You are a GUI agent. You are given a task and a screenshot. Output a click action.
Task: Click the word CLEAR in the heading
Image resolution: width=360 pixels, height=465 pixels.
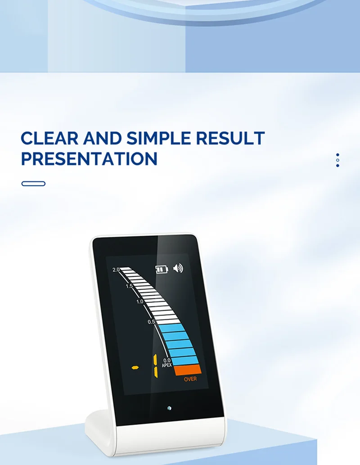coord(49,138)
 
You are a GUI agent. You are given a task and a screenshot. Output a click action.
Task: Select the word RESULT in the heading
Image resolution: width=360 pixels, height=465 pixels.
coord(230,138)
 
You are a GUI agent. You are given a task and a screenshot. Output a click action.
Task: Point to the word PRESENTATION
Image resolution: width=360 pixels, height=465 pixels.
coord(89,158)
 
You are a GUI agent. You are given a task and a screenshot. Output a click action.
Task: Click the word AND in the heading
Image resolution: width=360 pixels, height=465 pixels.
coord(103,138)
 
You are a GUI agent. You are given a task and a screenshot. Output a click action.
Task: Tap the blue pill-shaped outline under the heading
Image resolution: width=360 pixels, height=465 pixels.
coord(33,184)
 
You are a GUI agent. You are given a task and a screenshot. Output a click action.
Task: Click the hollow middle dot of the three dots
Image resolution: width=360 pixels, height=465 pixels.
coord(337,160)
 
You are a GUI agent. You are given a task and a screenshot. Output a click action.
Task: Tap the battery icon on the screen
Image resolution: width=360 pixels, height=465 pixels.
coord(162,269)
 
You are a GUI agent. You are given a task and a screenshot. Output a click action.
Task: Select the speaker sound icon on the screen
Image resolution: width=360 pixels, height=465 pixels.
coord(178,268)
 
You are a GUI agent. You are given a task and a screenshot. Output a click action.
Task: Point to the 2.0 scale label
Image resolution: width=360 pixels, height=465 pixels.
coord(116,270)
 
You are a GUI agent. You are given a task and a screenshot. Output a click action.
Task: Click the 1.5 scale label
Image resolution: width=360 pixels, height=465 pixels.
coord(129,286)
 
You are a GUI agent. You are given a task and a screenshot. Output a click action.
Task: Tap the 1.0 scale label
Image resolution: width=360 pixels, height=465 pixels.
coord(139,302)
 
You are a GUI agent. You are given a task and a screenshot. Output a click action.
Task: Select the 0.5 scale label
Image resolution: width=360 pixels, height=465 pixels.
coord(151,322)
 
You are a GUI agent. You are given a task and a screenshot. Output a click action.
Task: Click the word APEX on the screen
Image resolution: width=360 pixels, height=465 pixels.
coord(166,366)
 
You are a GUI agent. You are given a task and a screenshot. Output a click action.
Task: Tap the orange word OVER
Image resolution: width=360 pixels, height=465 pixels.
coord(190,379)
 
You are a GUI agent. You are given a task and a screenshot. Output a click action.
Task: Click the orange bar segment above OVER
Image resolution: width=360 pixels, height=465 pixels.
coord(188,370)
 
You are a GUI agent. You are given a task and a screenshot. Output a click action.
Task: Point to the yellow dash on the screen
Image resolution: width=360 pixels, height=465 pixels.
coord(135,368)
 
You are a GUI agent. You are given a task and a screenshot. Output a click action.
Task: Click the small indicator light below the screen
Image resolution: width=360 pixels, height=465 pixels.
coord(169,408)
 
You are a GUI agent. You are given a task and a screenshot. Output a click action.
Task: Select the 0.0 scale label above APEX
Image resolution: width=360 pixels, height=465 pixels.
coord(167,361)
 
